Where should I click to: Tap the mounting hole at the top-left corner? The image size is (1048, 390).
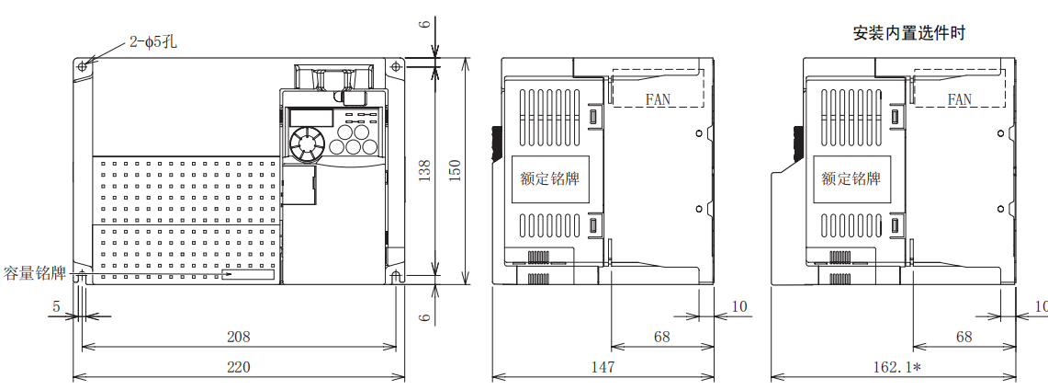83,66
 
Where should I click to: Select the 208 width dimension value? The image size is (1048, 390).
238,337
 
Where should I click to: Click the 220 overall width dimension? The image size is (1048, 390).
238,366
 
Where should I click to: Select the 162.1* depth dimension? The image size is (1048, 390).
896,366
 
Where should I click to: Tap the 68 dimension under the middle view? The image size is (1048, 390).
661,337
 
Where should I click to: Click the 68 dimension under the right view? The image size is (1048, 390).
963,337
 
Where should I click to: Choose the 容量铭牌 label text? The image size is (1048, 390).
35,273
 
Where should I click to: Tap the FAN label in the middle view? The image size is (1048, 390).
658,99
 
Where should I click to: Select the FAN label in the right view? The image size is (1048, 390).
960,99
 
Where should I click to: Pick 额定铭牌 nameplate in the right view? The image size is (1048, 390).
851,178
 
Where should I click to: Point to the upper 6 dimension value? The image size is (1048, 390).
424,25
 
